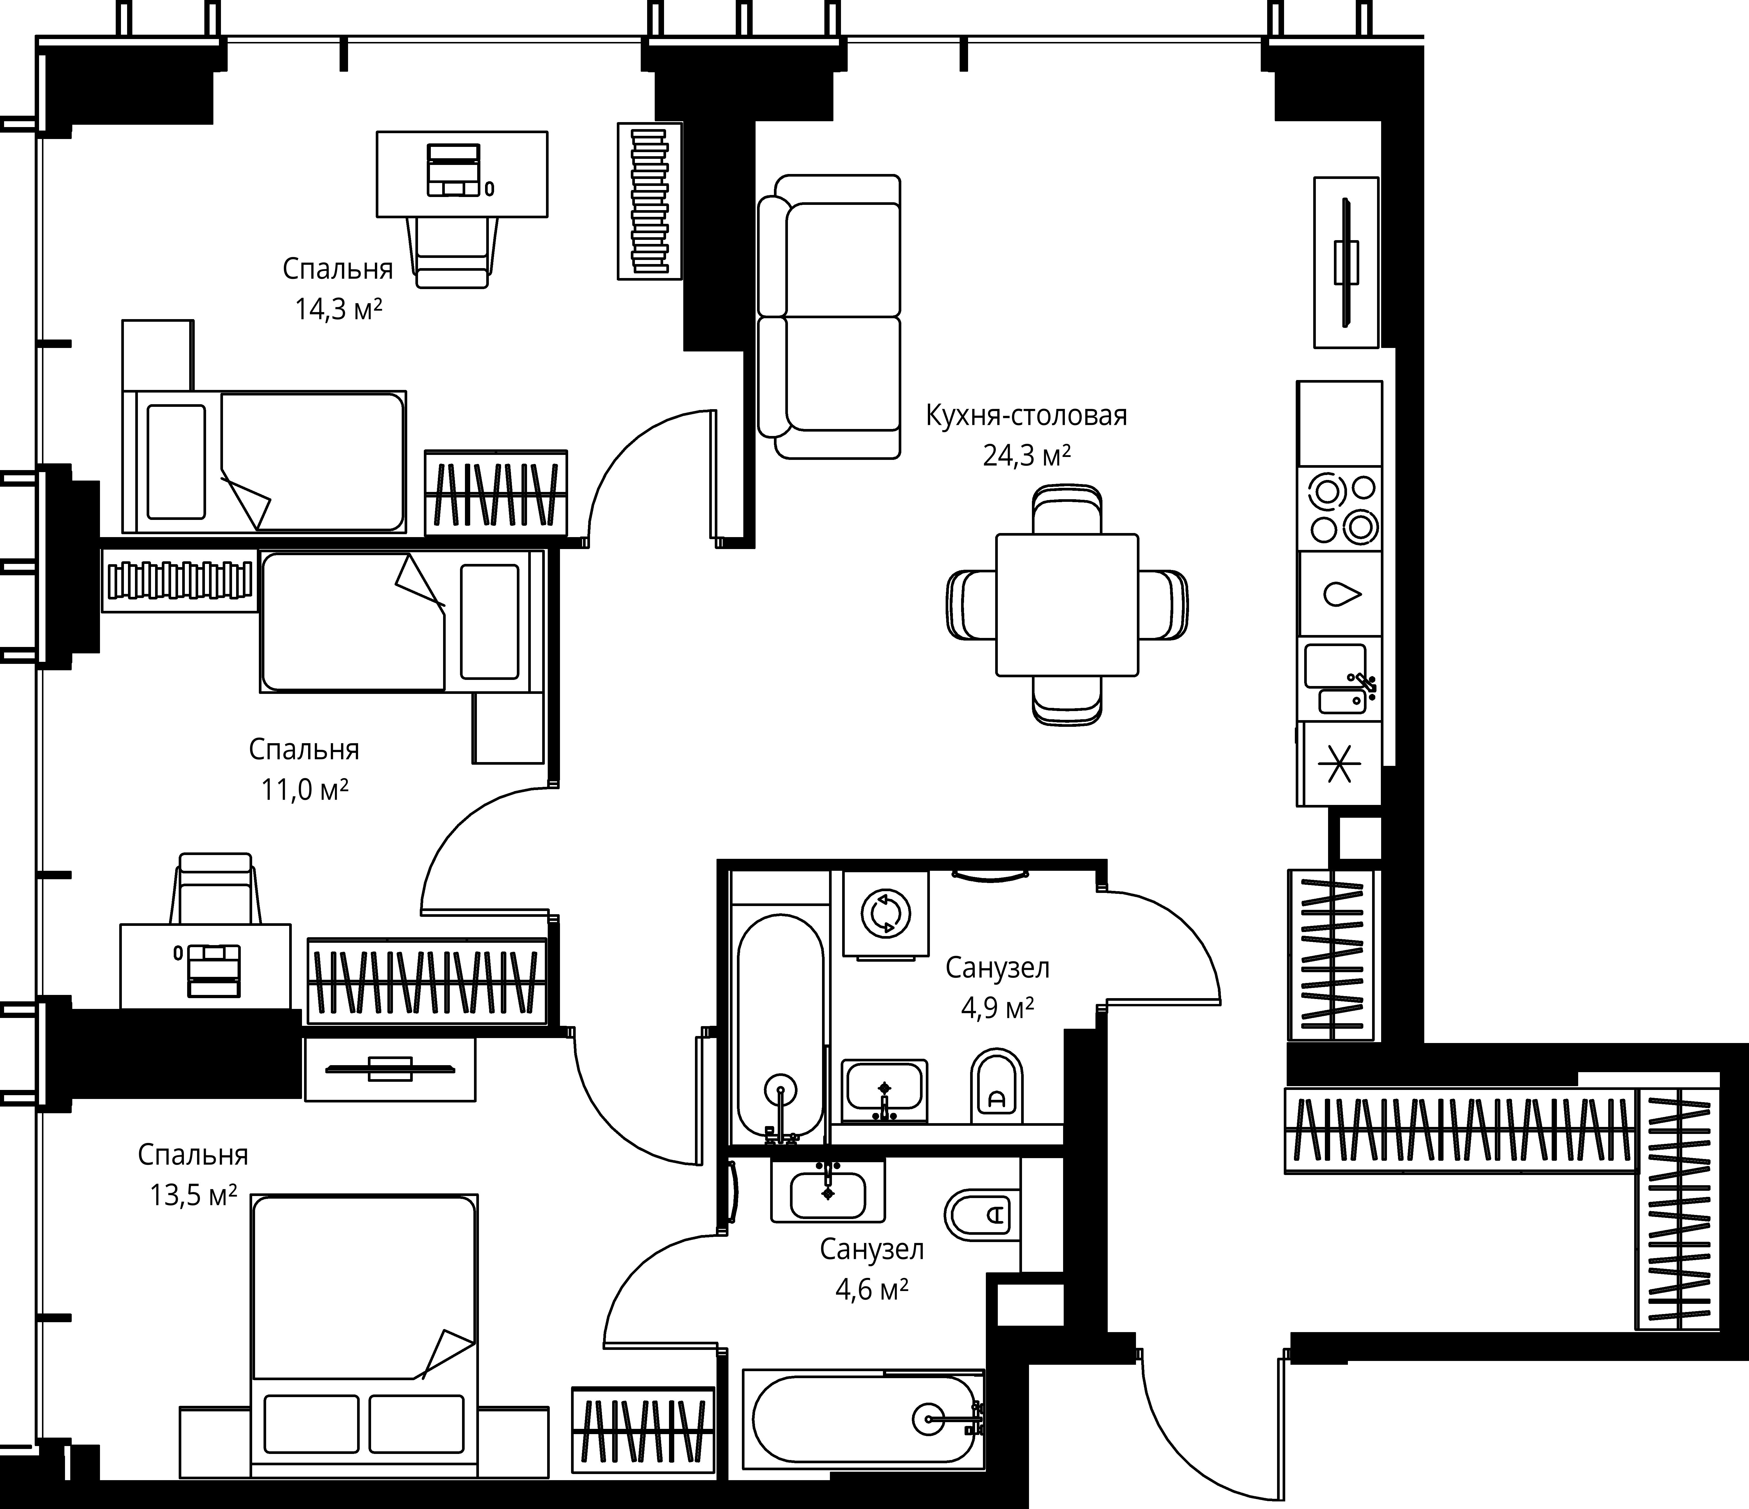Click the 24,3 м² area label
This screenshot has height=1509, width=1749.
(x=1026, y=457)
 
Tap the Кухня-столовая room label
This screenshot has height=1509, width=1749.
(x=1026, y=416)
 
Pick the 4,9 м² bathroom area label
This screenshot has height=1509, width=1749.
(x=998, y=1008)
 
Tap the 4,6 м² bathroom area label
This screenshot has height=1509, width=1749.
(x=872, y=1290)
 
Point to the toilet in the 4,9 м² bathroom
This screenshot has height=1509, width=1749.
(x=997, y=1086)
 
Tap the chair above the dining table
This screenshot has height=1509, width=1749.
(x=1067, y=509)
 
